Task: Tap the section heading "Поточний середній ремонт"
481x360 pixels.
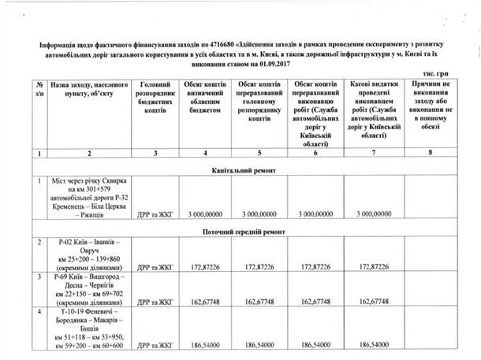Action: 244,232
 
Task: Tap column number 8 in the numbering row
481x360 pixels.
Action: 431,155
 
